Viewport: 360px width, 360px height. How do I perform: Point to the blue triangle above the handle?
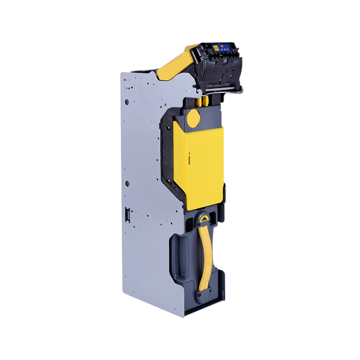click(204, 219)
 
